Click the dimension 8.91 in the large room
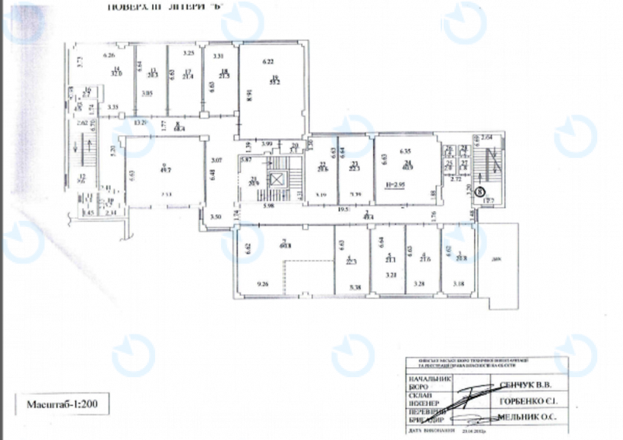click(x=249, y=96)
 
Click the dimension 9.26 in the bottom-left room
click(x=263, y=284)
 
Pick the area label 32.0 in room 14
click(x=117, y=74)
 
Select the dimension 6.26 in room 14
click(x=109, y=55)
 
